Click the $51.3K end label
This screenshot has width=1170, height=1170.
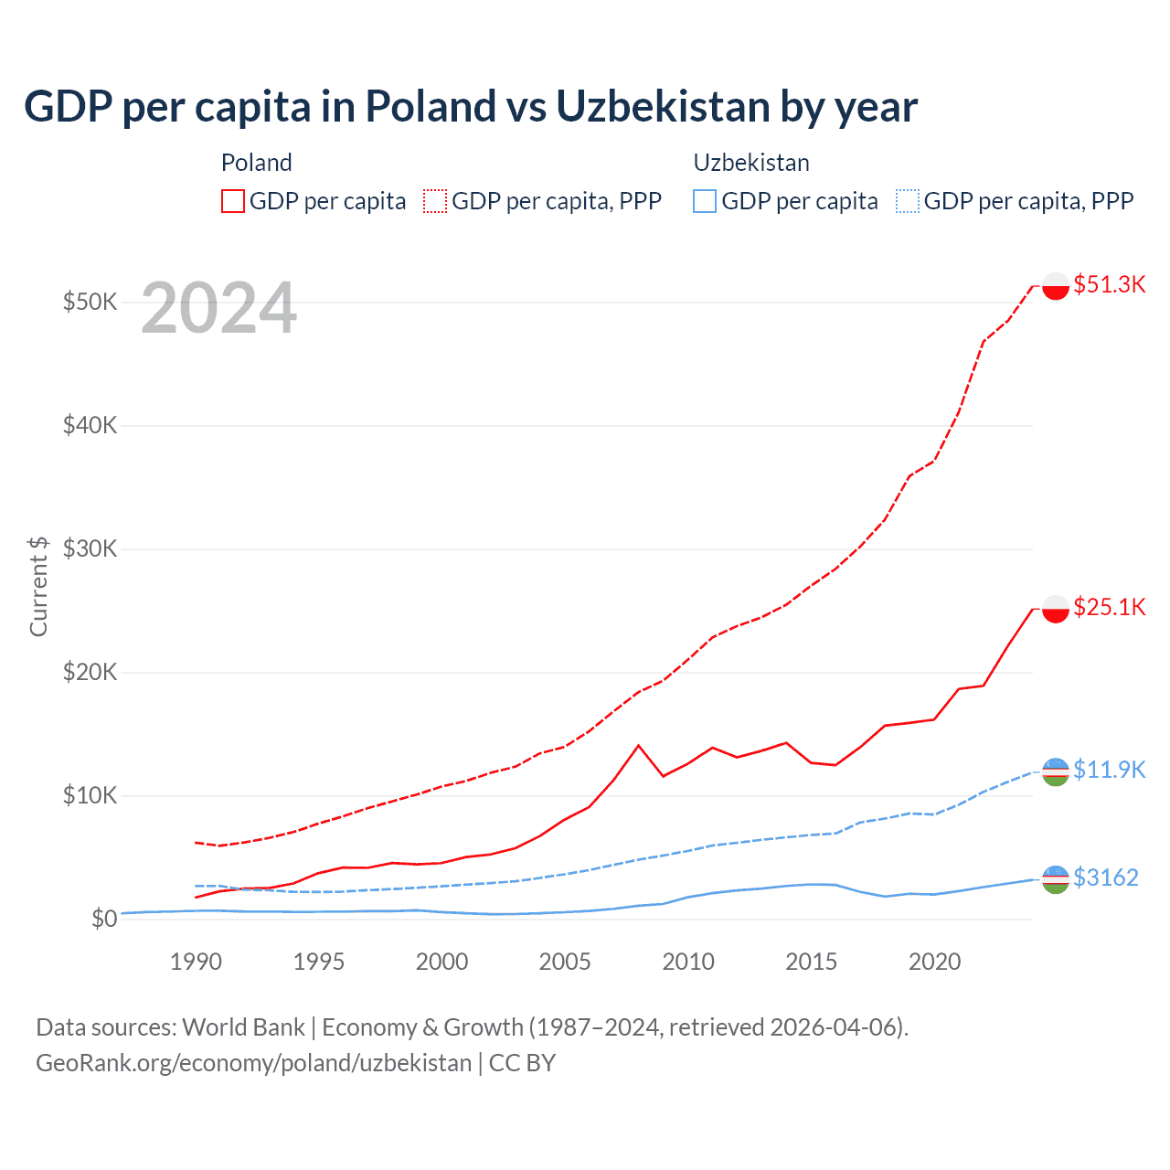(x=1109, y=284)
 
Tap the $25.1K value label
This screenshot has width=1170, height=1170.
(x=1109, y=607)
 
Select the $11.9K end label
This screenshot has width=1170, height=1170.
(x=1109, y=770)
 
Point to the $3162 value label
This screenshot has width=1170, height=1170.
(x=1105, y=877)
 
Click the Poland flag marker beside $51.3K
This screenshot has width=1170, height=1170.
(x=1056, y=286)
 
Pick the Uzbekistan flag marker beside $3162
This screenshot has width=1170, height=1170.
(x=1056, y=879)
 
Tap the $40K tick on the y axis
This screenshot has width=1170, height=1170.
(x=90, y=425)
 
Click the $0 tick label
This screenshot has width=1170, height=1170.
(x=104, y=919)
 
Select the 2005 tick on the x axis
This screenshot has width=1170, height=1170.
(x=565, y=962)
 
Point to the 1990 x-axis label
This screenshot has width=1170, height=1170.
(x=196, y=962)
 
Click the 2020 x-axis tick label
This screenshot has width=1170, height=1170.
(x=934, y=962)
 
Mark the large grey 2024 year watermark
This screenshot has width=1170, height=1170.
(x=218, y=309)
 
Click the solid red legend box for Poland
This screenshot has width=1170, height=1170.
(x=233, y=201)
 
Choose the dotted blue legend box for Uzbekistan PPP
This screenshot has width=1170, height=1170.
(x=908, y=201)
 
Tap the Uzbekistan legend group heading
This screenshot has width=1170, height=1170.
(x=751, y=163)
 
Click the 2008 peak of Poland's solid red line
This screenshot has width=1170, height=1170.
(x=639, y=745)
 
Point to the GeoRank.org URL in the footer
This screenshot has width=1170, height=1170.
(x=253, y=1063)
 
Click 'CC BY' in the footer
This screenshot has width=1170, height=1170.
(x=522, y=1063)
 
